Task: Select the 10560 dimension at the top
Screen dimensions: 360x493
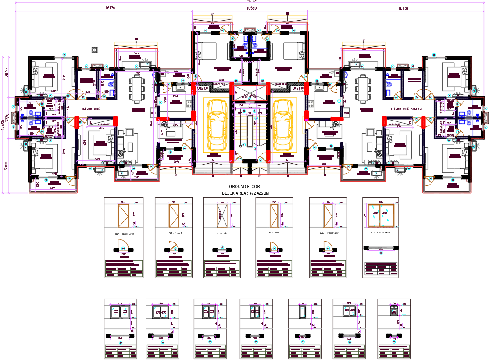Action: (x=251, y=8)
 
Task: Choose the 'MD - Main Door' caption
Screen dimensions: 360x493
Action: (x=124, y=234)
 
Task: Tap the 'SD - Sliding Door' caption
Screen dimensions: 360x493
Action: (x=380, y=233)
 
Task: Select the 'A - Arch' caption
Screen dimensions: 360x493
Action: (x=222, y=234)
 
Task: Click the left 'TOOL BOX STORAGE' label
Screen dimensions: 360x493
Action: (x=203, y=89)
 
